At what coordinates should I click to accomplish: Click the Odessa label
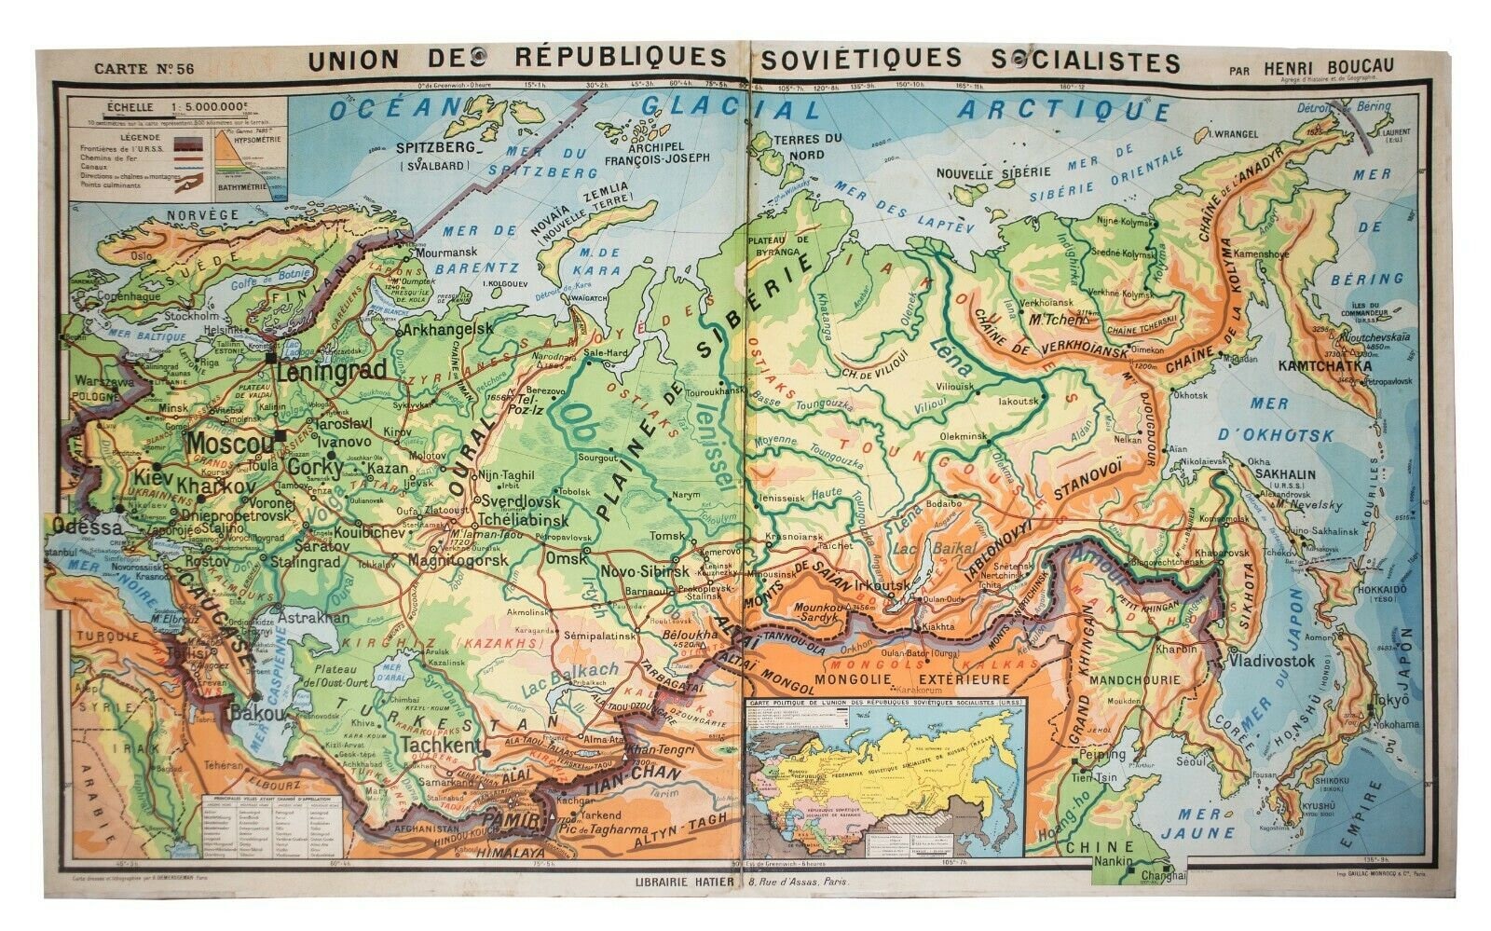pyautogui.click(x=88, y=527)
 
